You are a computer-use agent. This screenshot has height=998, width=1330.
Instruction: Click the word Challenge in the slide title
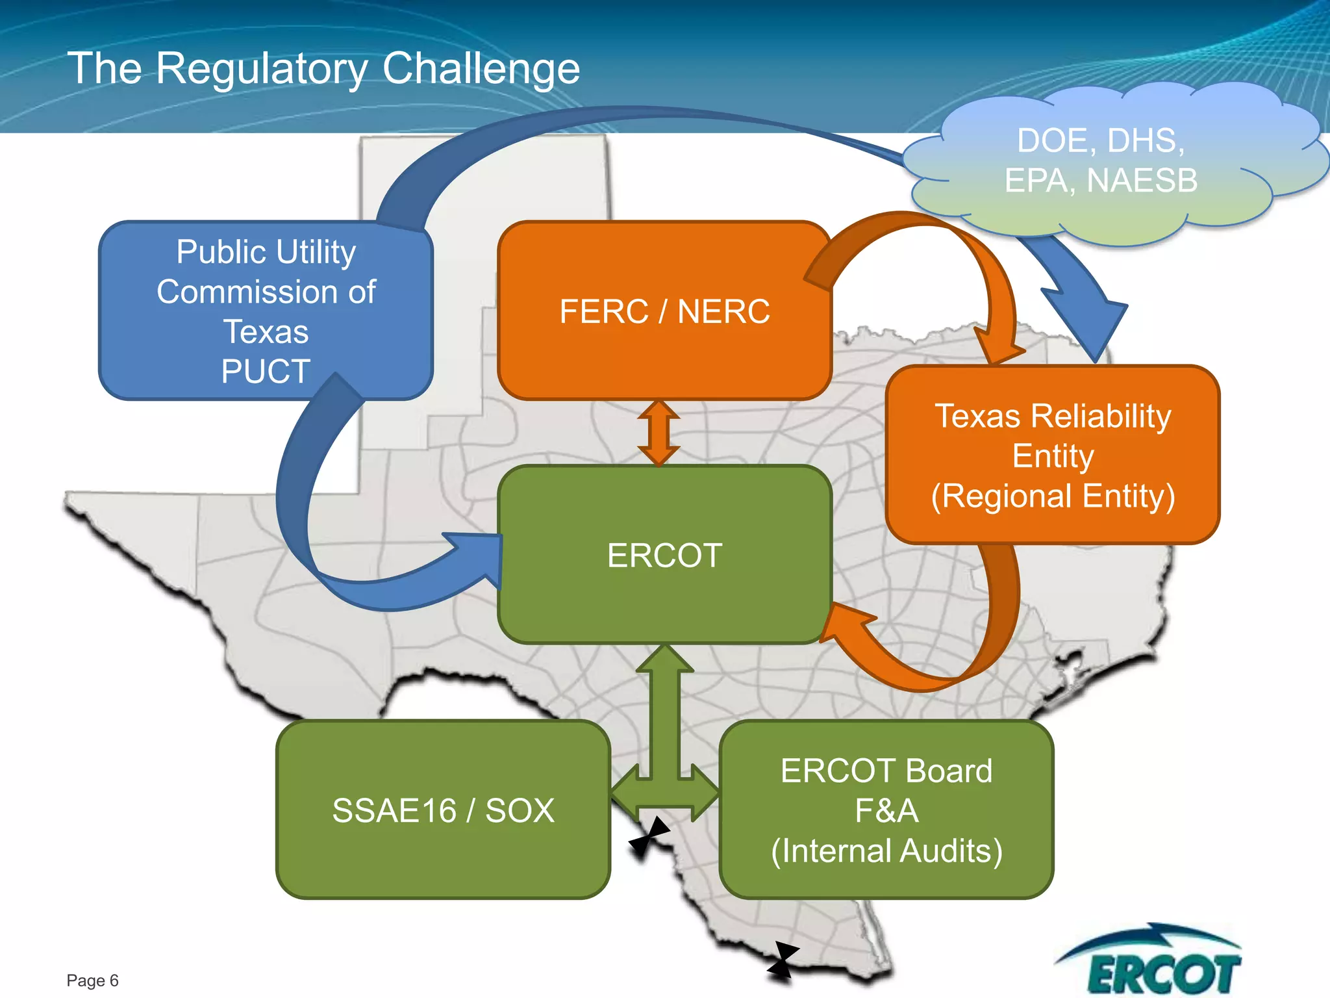481,68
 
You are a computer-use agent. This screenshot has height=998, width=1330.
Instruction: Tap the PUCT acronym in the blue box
266,372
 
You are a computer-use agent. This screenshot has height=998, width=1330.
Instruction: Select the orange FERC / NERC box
664,311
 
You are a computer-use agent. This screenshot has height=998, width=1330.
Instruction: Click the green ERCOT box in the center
664,554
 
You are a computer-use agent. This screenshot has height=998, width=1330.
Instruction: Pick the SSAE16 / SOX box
443,810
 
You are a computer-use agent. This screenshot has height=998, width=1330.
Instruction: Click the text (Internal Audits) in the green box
886,851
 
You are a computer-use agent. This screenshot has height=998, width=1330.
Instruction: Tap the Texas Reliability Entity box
1052,455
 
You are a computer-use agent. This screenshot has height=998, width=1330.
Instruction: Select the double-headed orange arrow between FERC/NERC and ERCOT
659,432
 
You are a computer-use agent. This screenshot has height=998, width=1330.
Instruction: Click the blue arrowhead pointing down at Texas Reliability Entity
1091,325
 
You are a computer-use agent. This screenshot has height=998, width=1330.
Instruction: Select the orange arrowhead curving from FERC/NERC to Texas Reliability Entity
997,344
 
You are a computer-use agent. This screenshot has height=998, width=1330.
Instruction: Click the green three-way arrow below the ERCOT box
664,747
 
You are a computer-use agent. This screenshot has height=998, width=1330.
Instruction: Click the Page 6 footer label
92,980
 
